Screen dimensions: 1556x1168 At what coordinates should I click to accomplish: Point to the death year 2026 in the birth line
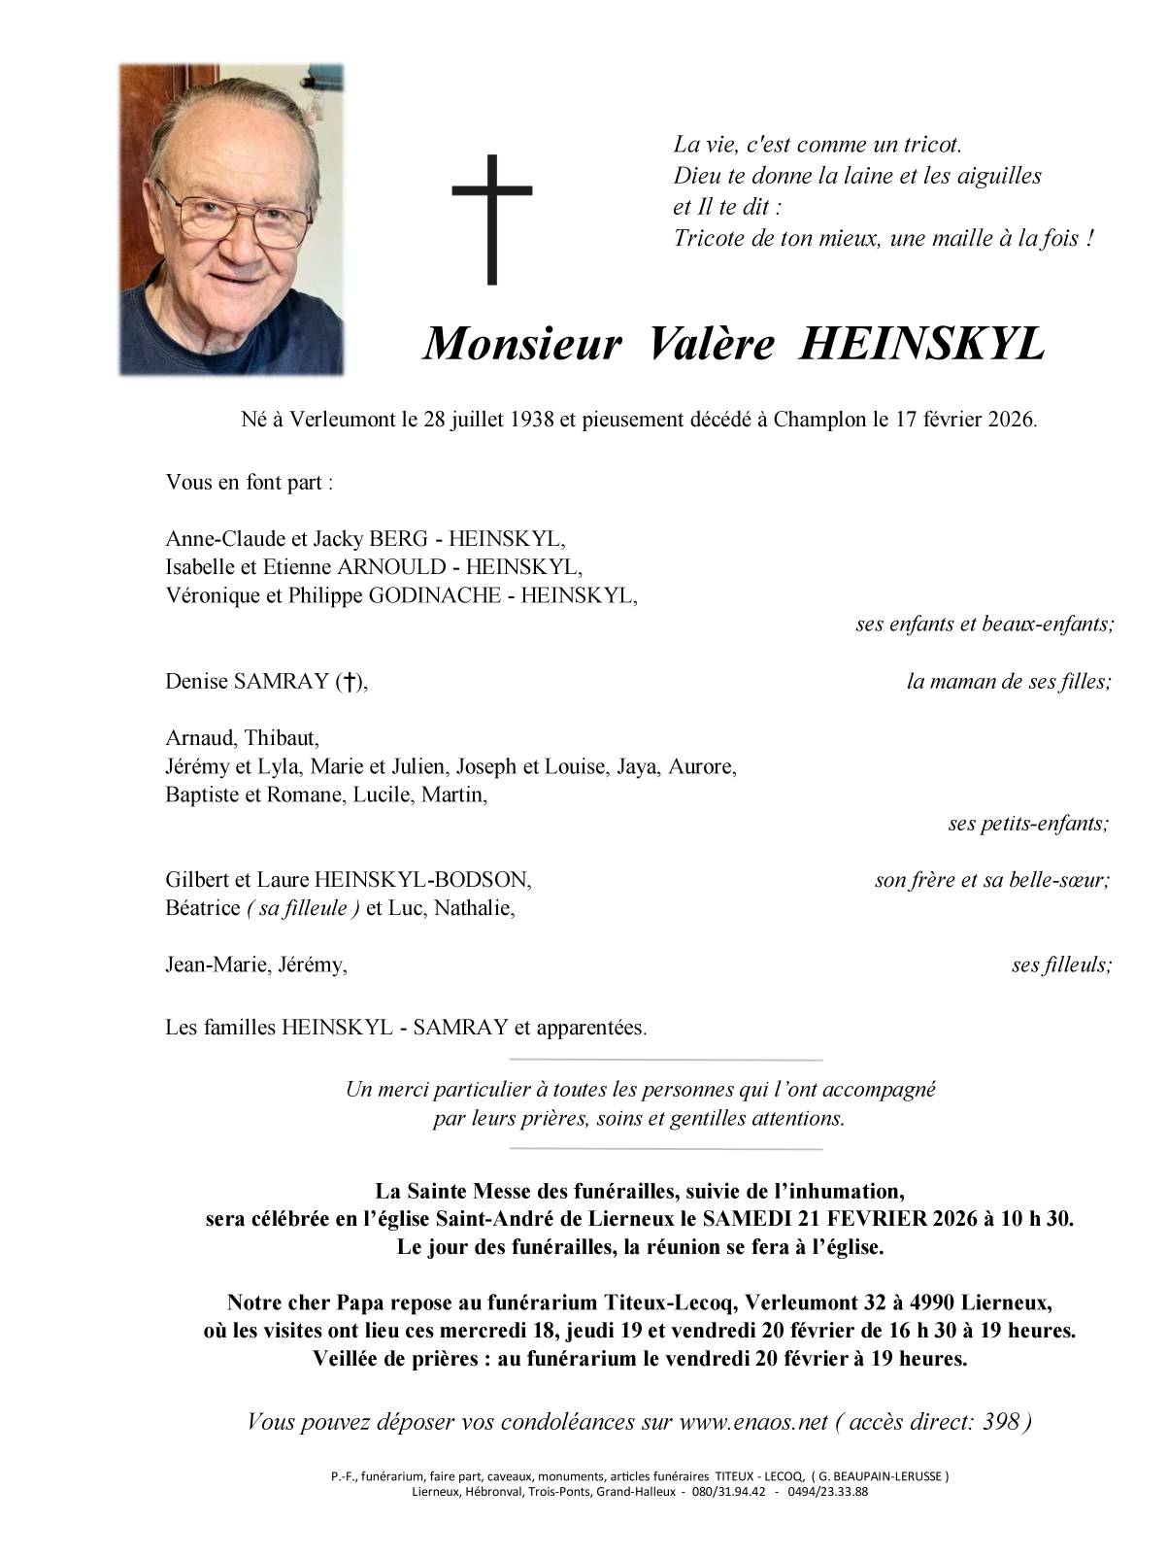coord(1011,421)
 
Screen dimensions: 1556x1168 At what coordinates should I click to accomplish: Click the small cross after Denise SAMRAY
coord(348,682)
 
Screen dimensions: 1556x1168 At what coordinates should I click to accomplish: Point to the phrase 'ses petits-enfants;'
coord(1028,825)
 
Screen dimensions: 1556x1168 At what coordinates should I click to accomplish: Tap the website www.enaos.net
coord(752,1422)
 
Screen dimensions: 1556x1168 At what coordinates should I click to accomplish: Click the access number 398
coord(1000,1422)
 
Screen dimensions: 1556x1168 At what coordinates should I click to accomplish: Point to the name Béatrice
coord(202,909)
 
